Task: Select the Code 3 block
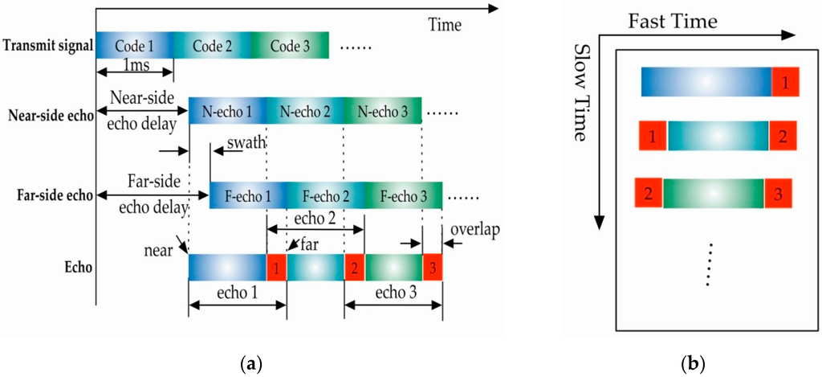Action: click(x=290, y=45)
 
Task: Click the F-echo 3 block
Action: click(x=403, y=195)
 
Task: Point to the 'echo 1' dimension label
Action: click(x=236, y=294)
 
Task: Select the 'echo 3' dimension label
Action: click(x=393, y=294)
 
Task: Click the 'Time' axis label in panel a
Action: click(x=444, y=25)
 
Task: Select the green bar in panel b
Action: click(x=714, y=193)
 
